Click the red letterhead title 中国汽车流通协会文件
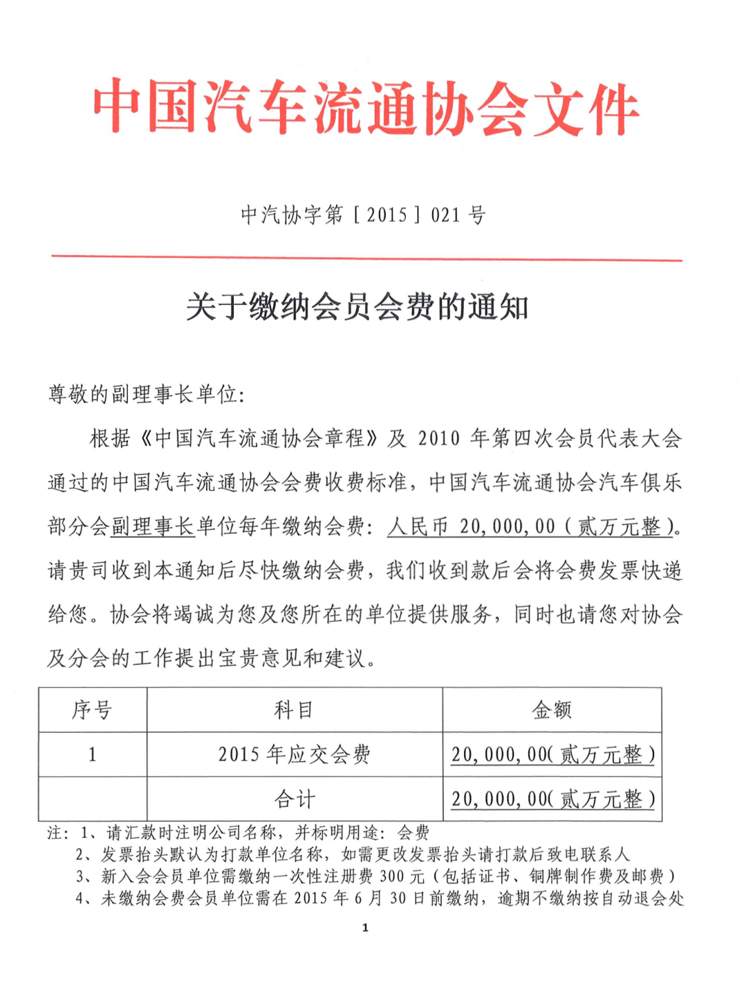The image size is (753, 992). (x=366, y=109)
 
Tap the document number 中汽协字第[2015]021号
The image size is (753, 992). (x=363, y=215)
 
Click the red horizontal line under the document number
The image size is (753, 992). (x=366, y=259)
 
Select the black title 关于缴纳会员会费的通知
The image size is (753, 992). (x=357, y=307)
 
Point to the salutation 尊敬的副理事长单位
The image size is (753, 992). (x=145, y=395)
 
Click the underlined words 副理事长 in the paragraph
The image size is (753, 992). (x=153, y=527)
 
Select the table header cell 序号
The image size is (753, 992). (x=92, y=710)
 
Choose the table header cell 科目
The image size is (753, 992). (x=295, y=710)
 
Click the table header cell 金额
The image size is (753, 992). (x=552, y=710)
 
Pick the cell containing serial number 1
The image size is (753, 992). (x=92, y=754)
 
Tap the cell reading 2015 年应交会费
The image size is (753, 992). (x=295, y=754)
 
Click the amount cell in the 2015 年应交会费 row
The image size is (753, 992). (x=552, y=754)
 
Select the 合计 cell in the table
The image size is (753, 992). (x=295, y=799)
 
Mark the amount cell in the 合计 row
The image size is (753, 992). (x=552, y=799)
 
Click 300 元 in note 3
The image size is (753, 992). (x=402, y=877)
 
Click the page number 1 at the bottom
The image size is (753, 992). (x=365, y=928)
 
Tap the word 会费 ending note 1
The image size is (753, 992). (x=413, y=832)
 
